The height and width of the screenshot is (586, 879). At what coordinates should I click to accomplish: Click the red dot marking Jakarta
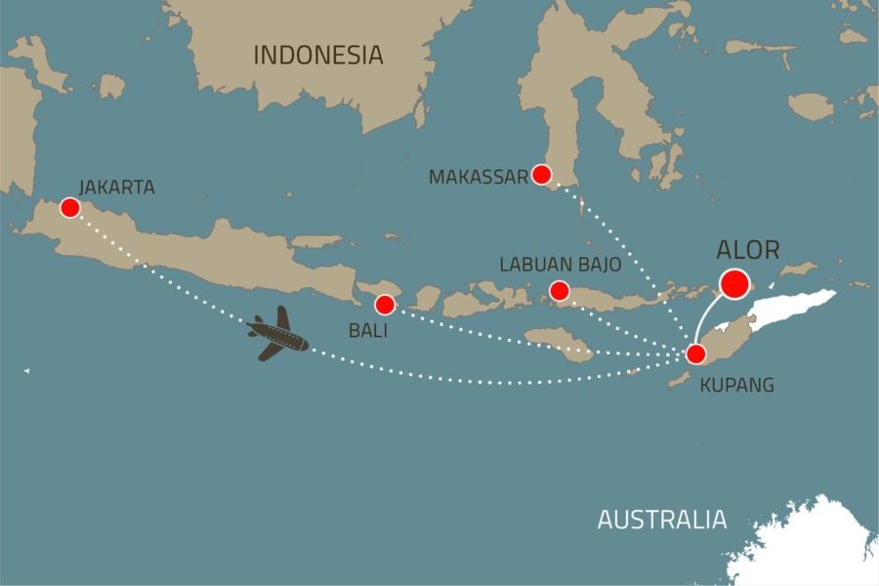69,207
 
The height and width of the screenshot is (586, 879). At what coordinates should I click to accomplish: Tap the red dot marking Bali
385,304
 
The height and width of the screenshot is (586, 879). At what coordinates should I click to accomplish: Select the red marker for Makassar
541,175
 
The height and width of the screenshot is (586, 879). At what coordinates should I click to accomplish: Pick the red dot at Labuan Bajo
560,290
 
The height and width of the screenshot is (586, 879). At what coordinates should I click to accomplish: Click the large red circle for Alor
733,283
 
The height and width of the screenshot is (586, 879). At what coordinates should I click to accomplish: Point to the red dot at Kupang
695,354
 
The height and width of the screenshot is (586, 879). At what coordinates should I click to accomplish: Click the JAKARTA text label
117,187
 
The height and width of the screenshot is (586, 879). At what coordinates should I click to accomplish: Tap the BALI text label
368,331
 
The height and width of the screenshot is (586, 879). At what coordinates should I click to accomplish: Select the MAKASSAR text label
478,177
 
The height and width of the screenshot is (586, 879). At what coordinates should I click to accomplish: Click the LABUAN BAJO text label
560,265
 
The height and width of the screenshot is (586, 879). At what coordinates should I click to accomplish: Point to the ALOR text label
748,250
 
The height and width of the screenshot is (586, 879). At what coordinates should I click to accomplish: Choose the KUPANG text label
737,385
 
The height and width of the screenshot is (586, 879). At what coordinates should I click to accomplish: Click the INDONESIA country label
318,56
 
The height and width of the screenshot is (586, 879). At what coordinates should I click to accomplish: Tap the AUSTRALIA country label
661,520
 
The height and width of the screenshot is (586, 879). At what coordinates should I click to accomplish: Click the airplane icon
277,334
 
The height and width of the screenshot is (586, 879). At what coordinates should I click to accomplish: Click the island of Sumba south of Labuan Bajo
560,343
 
